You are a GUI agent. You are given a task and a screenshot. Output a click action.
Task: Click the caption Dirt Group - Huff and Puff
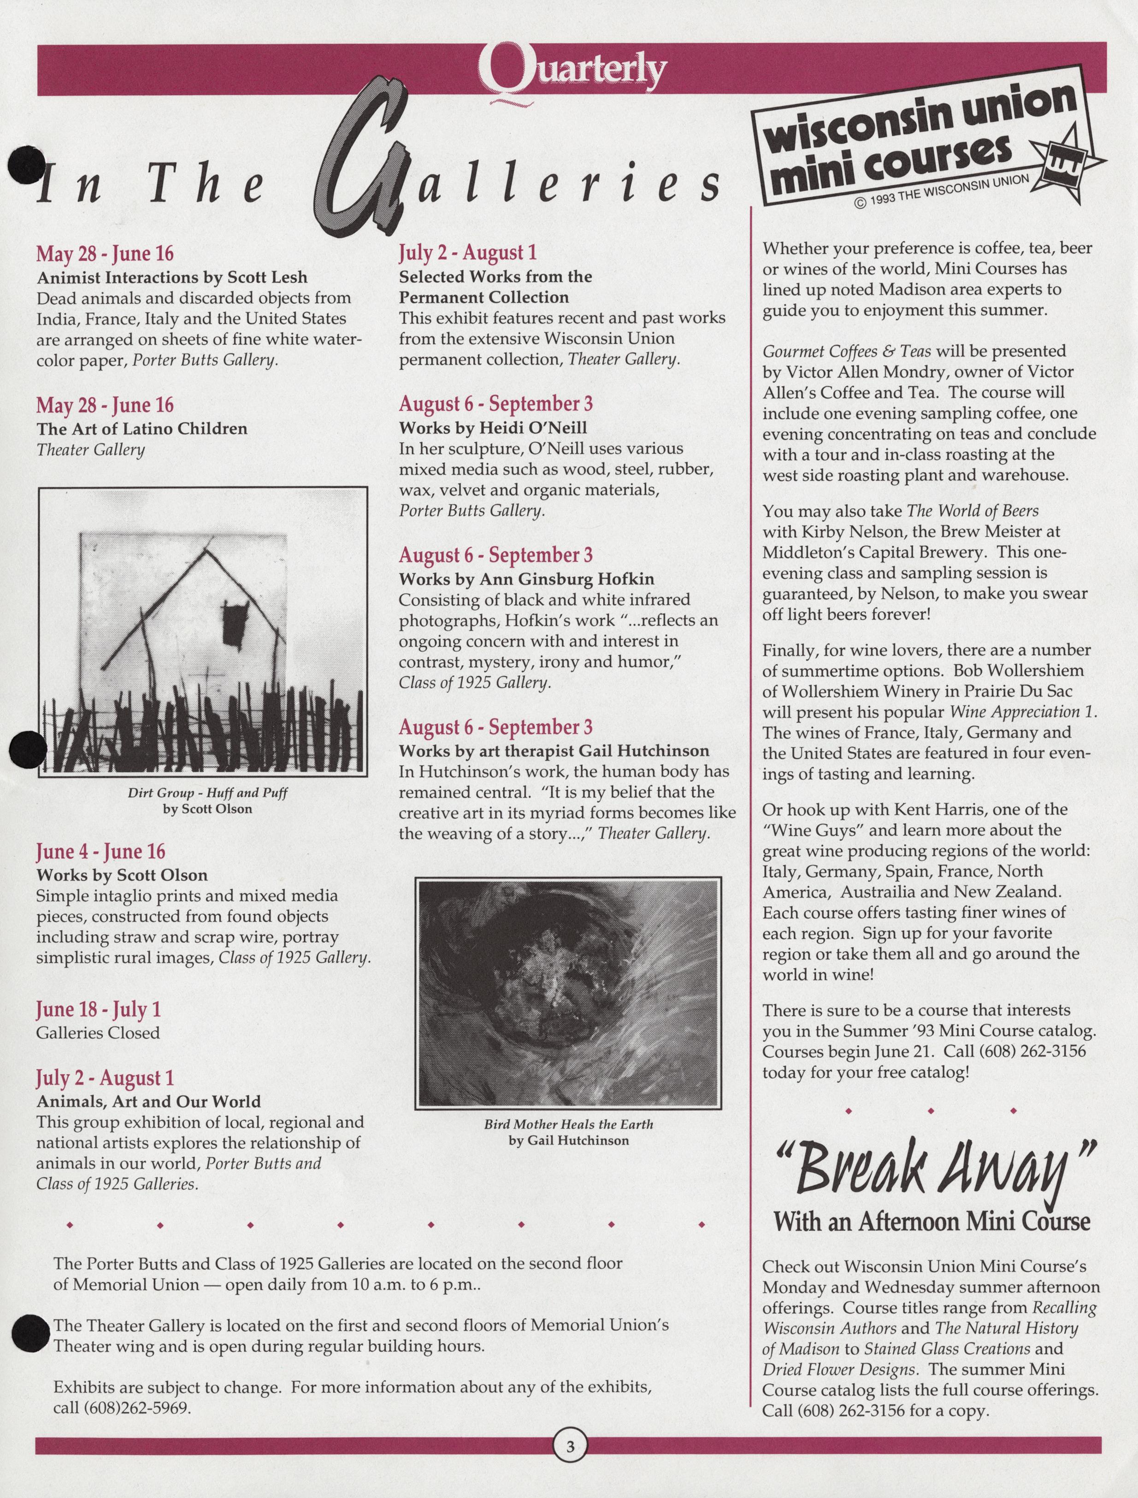pyautogui.click(x=208, y=792)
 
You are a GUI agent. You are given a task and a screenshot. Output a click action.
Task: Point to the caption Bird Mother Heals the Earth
pyautogui.click(x=568, y=1124)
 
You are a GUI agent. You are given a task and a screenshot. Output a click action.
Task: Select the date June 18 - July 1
pyautogui.click(x=98, y=1010)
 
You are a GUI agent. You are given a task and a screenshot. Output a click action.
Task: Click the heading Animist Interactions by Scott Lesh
pyautogui.click(x=172, y=277)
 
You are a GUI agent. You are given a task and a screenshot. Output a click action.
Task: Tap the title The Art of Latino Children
pyautogui.click(x=142, y=429)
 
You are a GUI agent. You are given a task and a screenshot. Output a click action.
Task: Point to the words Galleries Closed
pyautogui.click(x=98, y=1033)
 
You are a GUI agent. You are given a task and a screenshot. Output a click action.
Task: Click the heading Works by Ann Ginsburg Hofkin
pyautogui.click(x=526, y=579)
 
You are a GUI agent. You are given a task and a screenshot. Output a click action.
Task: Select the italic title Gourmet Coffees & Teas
pyautogui.click(x=847, y=351)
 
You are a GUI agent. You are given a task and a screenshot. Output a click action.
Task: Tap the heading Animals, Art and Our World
pyautogui.click(x=148, y=1101)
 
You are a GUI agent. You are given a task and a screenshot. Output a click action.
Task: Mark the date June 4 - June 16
pyautogui.click(x=100, y=851)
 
